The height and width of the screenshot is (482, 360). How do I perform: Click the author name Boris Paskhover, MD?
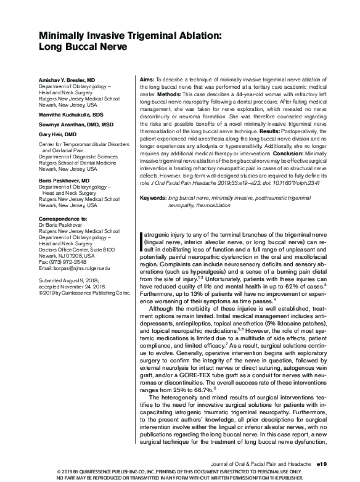(x=64, y=180)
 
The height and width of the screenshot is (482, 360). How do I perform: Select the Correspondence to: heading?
(x=63, y=219)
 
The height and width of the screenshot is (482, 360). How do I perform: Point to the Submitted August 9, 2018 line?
(x=68, y=279)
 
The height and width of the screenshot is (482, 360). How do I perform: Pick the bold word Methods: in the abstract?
(x=170, y=95)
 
